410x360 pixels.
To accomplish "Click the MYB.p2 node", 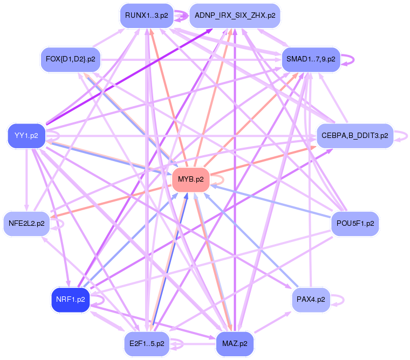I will [190, 180].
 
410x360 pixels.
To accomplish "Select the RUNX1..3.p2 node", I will [146, 16].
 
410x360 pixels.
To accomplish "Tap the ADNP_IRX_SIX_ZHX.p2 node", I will [235, 16].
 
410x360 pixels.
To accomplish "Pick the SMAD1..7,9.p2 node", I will [311, 59].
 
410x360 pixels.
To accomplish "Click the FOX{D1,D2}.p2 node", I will [70, 59].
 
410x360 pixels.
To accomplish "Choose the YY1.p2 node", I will [26, 135].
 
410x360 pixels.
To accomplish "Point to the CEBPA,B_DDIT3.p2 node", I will [354, 135].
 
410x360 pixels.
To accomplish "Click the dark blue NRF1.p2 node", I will [70, 299].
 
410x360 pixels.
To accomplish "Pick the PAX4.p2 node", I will [311, 299].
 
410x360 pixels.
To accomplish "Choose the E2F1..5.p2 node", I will [147, 343].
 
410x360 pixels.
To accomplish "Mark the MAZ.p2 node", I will [235, 343].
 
